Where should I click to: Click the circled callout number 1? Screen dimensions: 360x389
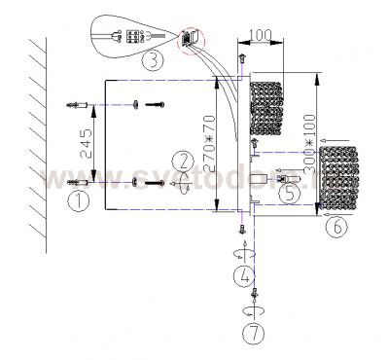click(75, 202)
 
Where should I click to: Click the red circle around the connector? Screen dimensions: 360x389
click(189, 40)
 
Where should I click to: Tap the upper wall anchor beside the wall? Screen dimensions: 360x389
click(79, 103)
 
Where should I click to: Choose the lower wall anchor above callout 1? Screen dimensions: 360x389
click(79, 182)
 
